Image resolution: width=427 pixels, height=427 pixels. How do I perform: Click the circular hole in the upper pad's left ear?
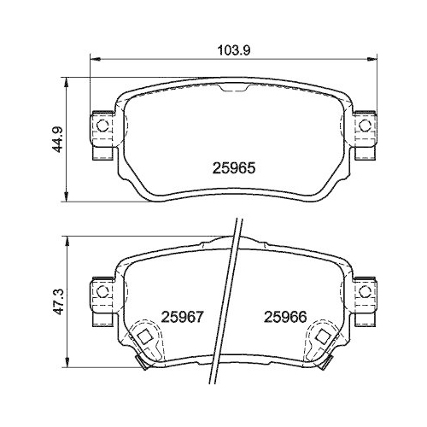[x=102, y=126]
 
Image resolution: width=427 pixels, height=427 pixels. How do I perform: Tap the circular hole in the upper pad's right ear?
[x=366, y=126]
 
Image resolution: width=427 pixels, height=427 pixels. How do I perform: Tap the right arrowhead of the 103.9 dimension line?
[x=375, y=60]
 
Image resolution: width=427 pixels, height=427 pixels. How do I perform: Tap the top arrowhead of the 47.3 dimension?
[x=67, y=237]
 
